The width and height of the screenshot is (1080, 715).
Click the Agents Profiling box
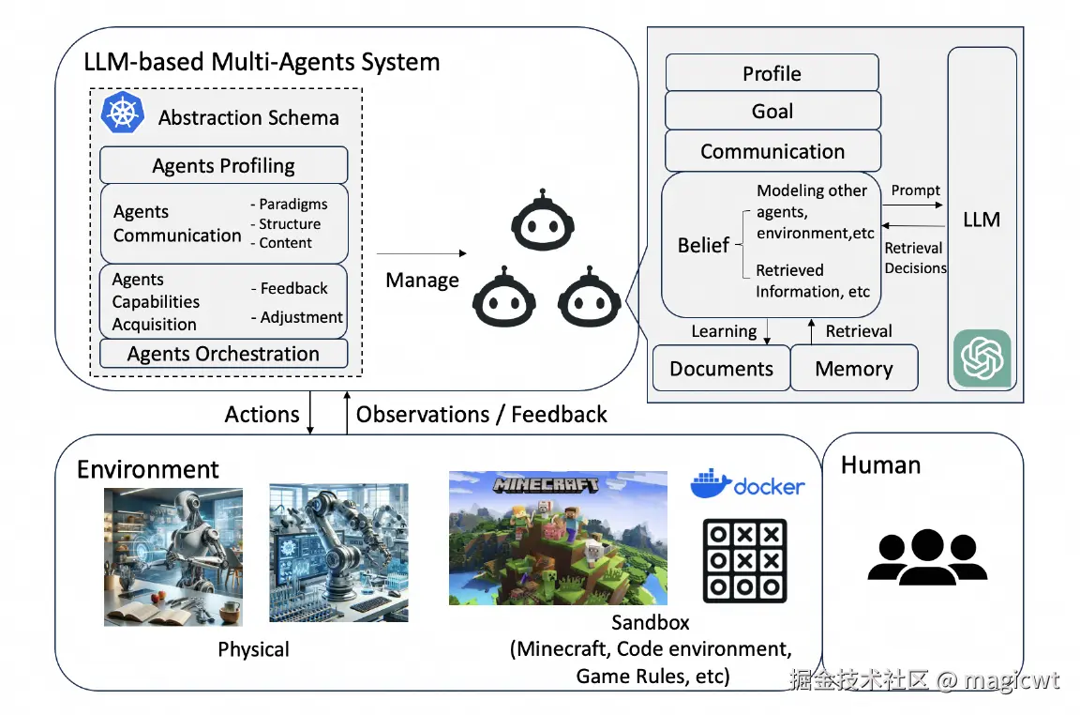point(224,165)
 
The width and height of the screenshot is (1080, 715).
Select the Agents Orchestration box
point(224,354)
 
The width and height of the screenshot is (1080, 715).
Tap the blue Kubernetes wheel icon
point(123,113)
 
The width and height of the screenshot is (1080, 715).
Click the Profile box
point(772,73)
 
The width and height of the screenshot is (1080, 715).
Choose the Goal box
point(772,111)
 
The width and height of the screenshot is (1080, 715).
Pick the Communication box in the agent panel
point(772,151)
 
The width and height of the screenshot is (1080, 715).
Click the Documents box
point(721,368)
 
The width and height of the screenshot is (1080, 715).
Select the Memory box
point(854,368)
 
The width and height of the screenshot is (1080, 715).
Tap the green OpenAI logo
point(982,357)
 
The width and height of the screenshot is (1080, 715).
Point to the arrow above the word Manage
point(422,253)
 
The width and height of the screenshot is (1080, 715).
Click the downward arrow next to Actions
point(310,412)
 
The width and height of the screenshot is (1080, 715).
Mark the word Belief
point(703,245)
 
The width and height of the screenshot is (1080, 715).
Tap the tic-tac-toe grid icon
point(744,560)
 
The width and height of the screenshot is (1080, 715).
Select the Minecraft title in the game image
point(546,485)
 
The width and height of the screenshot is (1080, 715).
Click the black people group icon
point(927,557)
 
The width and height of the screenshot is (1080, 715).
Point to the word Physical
point(253,648)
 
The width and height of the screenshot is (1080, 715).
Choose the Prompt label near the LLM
point(915,190)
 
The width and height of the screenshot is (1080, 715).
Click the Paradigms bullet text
point(290,205)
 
